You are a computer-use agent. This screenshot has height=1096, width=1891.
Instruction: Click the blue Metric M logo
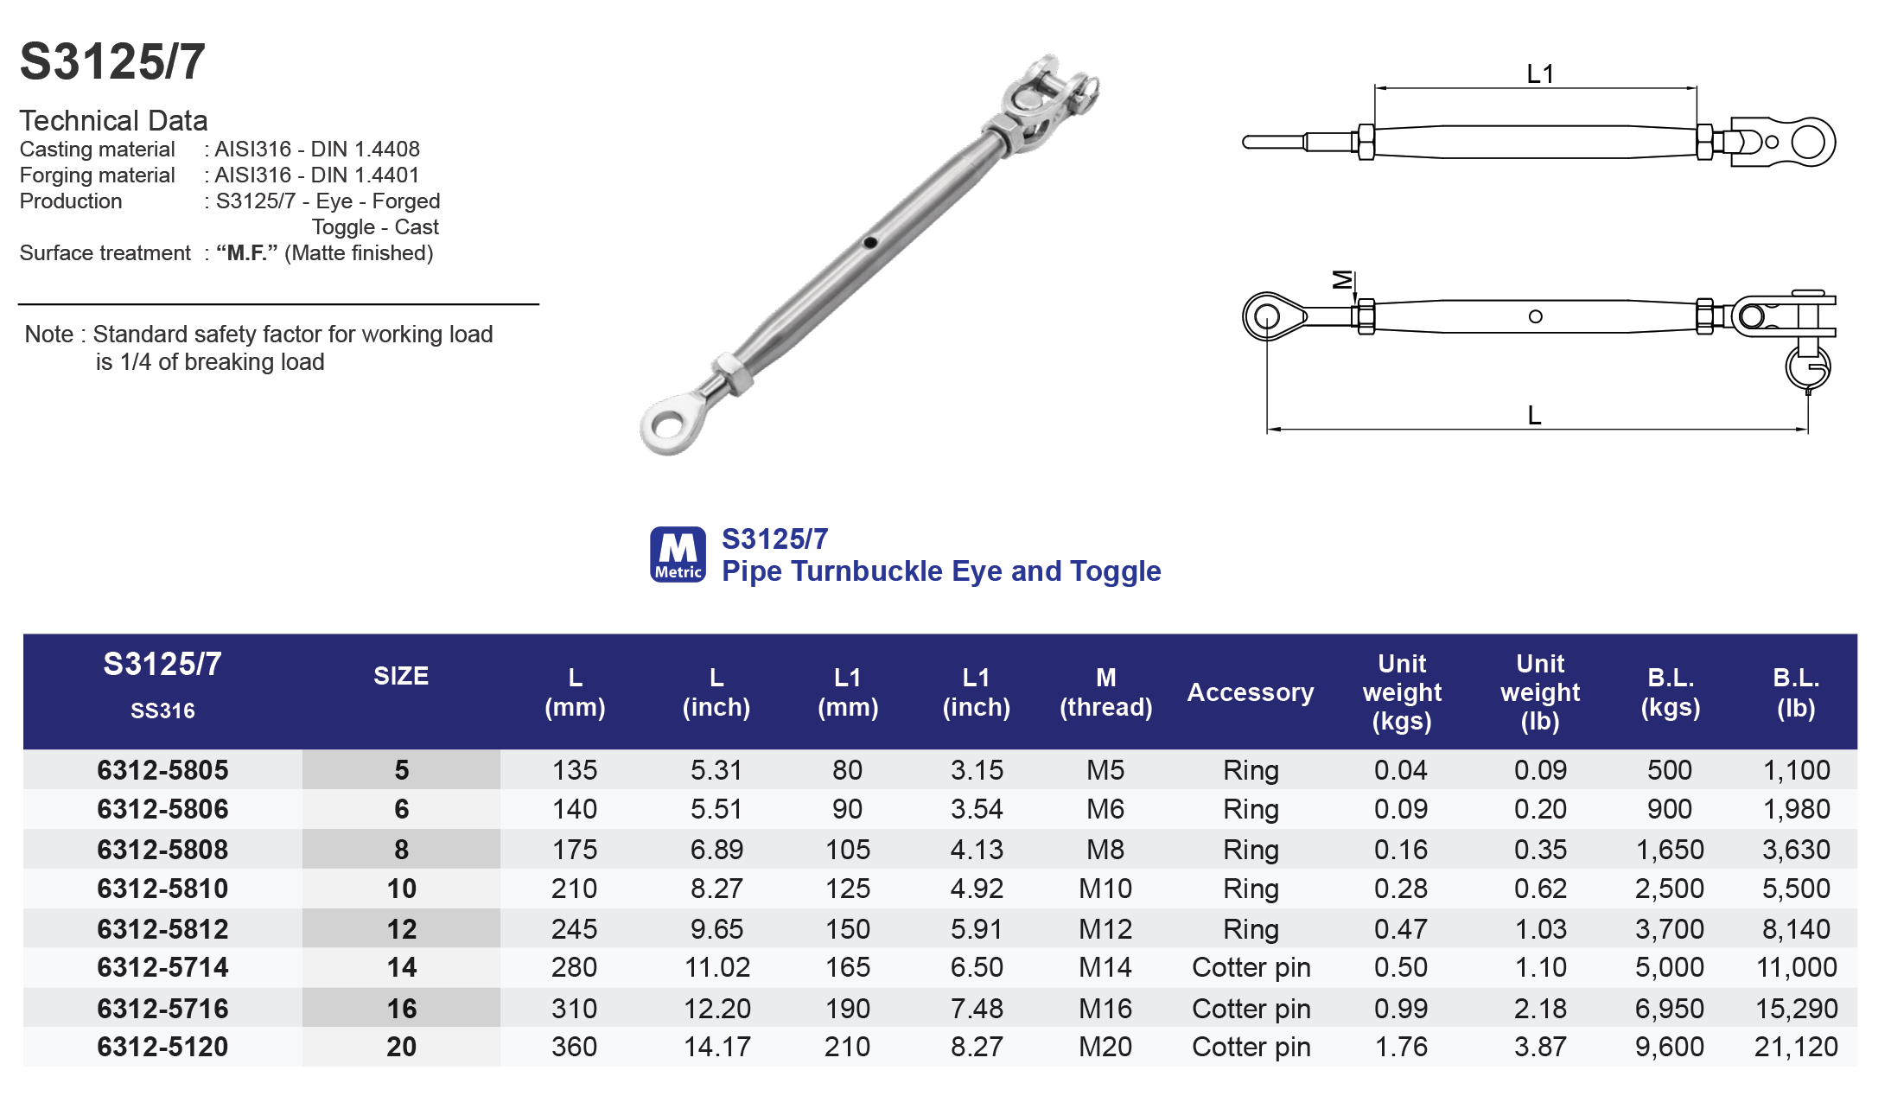tap(678, 554)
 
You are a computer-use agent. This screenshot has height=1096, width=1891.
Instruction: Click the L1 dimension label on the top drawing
tap(1539, 74)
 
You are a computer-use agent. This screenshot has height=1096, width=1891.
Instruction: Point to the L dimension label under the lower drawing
tap(1534, 415)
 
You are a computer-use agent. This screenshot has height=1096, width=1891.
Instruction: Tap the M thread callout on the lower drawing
tap(1342, 279)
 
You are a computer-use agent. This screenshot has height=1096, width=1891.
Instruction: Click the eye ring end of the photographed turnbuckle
tap(668, 424)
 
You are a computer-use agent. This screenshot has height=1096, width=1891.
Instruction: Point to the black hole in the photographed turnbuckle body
tap(870, 243)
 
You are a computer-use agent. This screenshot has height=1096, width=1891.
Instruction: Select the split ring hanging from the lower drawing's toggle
tap(1807, 366)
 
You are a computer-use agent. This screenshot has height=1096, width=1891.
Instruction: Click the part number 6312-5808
tap(162, 850)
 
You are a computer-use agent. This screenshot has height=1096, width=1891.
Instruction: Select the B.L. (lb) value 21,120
tap(1795, 1047)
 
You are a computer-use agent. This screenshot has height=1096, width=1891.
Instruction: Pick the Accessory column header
tap(1250, 692)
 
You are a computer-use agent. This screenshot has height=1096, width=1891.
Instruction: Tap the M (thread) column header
tap(1105, 692)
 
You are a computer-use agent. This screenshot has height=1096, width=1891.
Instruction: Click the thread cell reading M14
tap(1105, 967)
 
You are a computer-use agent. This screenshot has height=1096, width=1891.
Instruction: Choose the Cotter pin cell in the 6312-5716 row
tap(1251, 1009)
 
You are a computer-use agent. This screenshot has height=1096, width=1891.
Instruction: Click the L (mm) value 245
tap(574, 929)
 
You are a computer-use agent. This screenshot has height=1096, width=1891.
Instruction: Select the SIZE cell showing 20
tap(401, 1047)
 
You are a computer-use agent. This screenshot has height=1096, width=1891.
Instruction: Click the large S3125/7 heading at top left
tap(112, 62)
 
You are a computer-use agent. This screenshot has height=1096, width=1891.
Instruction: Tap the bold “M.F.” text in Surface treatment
tap(247, 253)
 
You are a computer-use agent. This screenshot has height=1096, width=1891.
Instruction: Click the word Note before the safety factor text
tap(48, 335)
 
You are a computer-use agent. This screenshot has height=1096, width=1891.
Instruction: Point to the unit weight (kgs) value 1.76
tap(1400, 1047)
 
